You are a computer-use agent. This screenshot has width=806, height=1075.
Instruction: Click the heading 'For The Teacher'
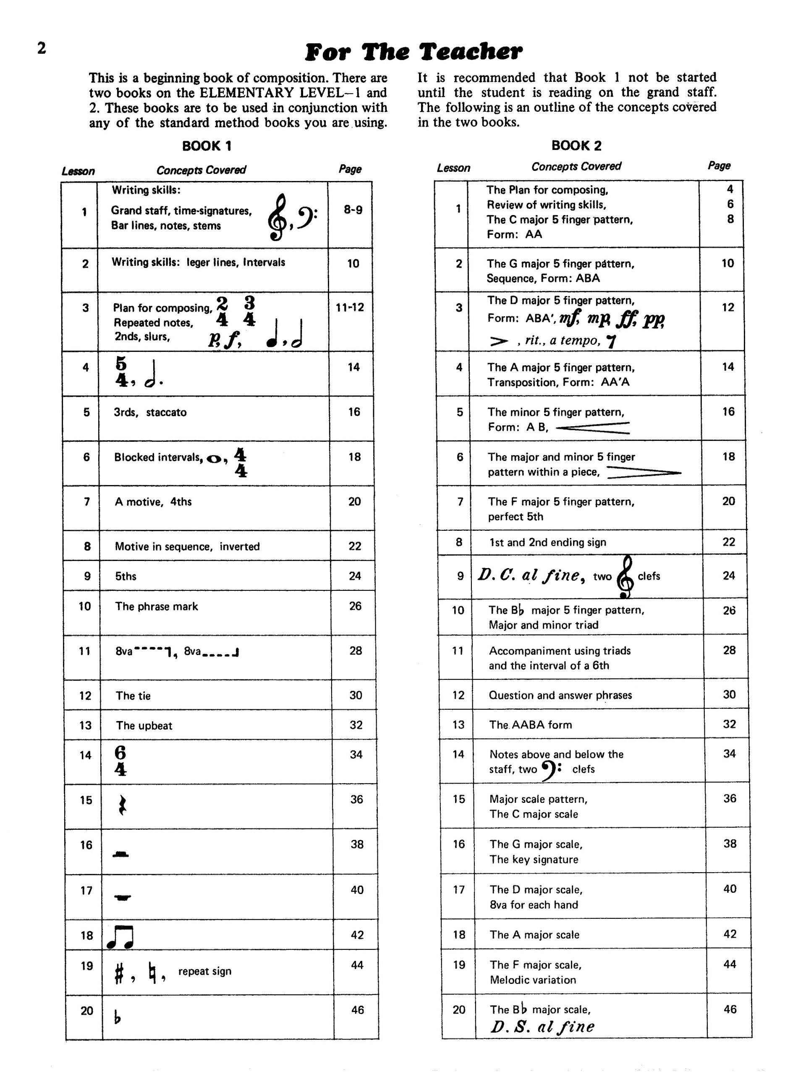click(x=413, y=52)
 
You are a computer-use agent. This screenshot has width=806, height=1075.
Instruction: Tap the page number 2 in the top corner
click(x=42, y=48)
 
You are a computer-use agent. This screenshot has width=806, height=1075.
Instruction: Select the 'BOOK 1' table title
click(x=207, y=146)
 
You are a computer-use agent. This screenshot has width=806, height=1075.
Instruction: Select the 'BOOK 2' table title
click(x=576, y=145)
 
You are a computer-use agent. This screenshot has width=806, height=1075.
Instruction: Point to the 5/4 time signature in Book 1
click(x=121, y=371)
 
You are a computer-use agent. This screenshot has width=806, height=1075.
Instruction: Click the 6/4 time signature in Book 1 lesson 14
click(x=120, y=760)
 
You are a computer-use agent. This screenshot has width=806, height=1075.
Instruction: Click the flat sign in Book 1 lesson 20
click(x=117, y=1016)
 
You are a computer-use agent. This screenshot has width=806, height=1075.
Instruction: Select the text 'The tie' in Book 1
click(x=133, y=695)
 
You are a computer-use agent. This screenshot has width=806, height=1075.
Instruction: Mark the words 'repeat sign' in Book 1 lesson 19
click(x=204, y=971)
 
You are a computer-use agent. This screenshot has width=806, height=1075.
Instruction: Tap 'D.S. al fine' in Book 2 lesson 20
click(x=542, y=1027)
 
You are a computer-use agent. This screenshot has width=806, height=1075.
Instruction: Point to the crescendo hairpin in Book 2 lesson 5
click(x=593, y=427)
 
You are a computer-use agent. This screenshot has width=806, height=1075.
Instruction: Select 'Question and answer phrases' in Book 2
click(x=560, y=695)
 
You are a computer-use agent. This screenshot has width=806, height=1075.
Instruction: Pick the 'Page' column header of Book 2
click(x=719, y=166)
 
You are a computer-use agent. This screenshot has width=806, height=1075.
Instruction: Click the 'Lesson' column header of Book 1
click(x=78, y=171)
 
